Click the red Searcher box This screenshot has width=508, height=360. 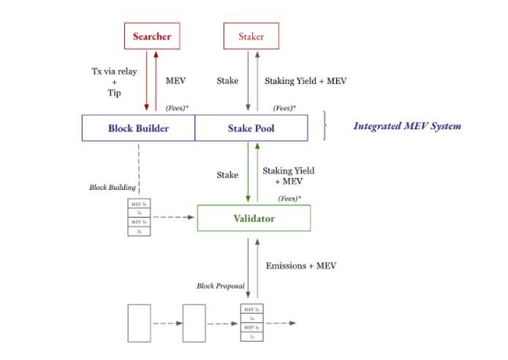point(151,36)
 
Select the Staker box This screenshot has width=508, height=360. point(251,36)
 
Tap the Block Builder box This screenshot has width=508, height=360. point(138,129)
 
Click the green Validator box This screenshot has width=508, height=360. point(254,218)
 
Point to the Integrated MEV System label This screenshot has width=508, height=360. point(407,126)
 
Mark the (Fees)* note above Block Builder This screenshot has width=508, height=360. point(177,107)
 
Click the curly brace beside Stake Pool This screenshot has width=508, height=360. point(326,127)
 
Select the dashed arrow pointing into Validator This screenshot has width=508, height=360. point(173,217)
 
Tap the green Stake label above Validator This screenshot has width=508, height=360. point(227,175)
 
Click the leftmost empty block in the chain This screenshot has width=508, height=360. point(139,323)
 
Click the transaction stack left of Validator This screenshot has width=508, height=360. point(139,217)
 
